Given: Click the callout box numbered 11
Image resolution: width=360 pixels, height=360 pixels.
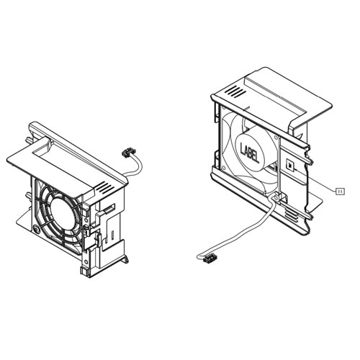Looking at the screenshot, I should (x=341, y=189).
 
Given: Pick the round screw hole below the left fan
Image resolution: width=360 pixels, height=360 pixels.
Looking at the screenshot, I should (x=36, y=230).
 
